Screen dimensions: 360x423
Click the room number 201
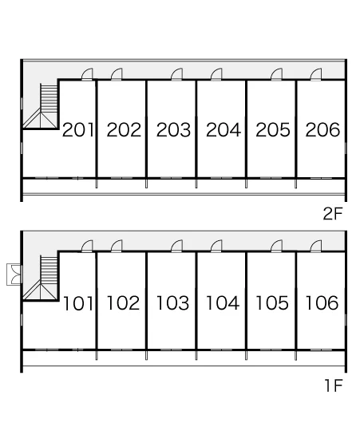[x=78, y=130]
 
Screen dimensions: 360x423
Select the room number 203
[x=173, y=130]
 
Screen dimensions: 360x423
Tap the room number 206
[x=322, y=130]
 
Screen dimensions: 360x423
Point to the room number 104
[x=223, y=302]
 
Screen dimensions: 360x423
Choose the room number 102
[x=124, y=302]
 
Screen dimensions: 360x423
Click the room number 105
[x=272, y=302]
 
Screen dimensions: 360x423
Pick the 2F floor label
[x=333, y=214]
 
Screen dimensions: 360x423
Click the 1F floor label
[x=334, y=385]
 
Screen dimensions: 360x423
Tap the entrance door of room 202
[x=117, y=74]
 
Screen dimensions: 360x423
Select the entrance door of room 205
[x=277, y=74]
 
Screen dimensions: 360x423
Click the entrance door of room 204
[x=216, y=74]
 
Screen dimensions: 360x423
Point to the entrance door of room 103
[x=176, y=247]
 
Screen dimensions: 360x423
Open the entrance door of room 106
[x=316, y=247]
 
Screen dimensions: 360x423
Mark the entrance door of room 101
[x=87, y=247]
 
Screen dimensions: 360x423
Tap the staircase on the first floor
[x=41, y=278]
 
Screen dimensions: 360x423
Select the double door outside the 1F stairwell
[x=14, y=275]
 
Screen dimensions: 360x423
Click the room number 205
[x=273, y=130]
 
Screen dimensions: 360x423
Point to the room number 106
[x=322, y=302]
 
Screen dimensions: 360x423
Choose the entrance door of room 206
[x=316, y=74]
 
